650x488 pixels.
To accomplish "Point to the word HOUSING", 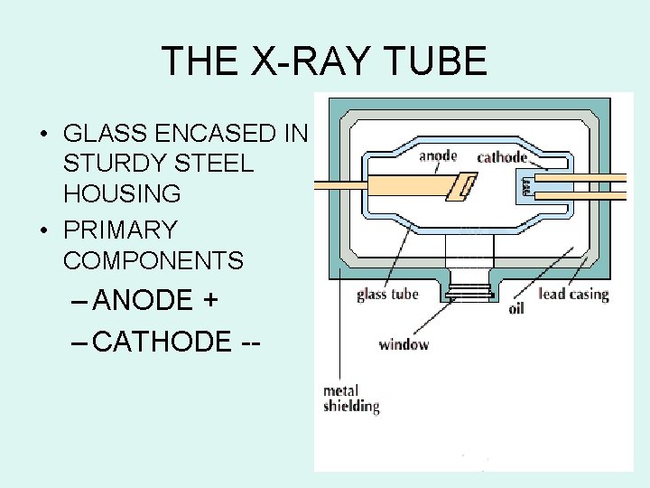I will click(x=122, y=193).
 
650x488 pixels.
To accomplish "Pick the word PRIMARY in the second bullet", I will click(x=120, y=230).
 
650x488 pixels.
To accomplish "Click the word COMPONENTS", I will click(x=153, y=260).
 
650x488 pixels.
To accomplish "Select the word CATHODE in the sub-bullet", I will click(x=162, y=342).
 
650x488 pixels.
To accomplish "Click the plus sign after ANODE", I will click(x=210, y=301).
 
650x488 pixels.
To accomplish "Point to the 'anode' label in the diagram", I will click(x=439, y=155).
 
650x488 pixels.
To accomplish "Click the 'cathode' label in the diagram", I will click(x=502, y=157).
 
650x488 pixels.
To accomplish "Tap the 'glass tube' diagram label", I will click(x=387, y=295).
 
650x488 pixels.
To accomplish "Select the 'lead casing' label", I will click(x=573, y=295).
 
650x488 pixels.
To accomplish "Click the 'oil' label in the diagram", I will click(x=516, y=308).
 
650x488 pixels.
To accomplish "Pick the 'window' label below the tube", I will click(x=404, y=344).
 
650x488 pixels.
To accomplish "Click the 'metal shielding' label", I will click(x=351, y=399).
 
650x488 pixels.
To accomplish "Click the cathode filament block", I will click(x=525, y=186).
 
